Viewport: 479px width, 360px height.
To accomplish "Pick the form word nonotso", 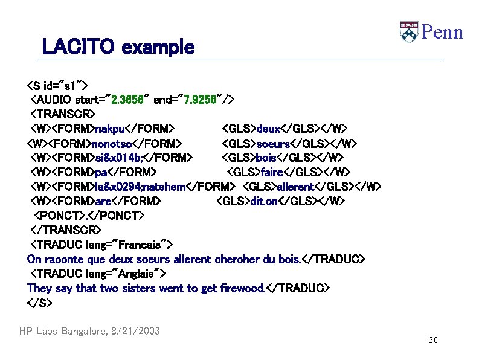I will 112,143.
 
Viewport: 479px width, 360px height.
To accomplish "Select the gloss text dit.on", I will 263,201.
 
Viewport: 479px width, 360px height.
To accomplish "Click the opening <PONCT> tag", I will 56,216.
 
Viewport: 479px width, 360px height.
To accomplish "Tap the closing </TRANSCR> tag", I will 66,230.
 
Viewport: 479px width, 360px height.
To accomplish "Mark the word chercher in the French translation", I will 237,259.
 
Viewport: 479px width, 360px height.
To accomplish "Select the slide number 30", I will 432,341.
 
